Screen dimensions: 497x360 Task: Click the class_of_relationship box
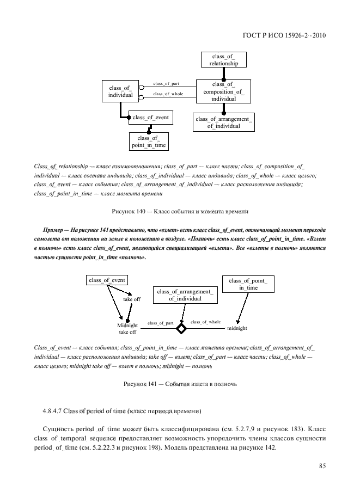click(x=224, y=60)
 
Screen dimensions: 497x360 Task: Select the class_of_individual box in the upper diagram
click(x=121, y=91)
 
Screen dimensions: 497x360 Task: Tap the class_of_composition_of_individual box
click(x=224, y=91)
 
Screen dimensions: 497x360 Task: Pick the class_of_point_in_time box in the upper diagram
click(x=148, y=142)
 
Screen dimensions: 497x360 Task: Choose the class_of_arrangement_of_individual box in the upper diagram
click(x=223, y=122)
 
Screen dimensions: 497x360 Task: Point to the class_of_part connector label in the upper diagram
click(x=166, y=84)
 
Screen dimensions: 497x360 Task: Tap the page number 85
click(x=322, y=465)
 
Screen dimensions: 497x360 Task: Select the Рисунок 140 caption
click(x=180, y=211)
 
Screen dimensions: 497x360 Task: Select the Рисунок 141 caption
click(x=180, y=384)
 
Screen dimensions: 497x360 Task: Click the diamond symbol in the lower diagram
click(x=181, y=328)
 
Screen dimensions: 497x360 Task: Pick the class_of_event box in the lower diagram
click(x=107, y=280)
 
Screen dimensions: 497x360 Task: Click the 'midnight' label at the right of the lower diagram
click(x=237, y=328)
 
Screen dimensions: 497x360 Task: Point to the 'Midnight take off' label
click(x=127, y=328)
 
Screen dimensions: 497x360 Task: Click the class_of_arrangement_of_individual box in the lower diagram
click(x=185, y=295)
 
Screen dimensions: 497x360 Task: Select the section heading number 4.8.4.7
click(x=54, y=409)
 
